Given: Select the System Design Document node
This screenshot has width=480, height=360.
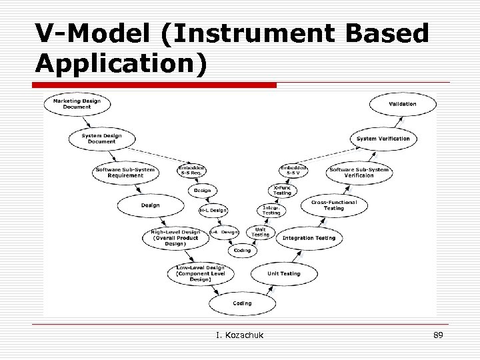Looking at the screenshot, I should click(102, 139).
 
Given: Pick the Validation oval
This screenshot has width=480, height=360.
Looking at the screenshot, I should click(403, 104).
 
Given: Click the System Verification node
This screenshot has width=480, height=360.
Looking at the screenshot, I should click(383, 139).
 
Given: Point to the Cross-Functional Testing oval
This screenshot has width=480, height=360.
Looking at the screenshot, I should click(334, 205).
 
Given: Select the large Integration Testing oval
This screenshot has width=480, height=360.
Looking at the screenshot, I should click(309, 238).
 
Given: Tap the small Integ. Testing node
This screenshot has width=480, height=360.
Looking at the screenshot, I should click(271, 210).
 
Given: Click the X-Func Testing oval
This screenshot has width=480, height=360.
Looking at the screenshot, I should click(282, 190).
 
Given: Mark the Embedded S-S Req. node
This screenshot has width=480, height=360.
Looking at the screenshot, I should click(192, 171).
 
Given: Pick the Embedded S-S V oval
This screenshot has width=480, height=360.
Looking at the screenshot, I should click(293, 171).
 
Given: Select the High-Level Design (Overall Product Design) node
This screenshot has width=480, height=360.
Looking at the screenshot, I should click(175, 238).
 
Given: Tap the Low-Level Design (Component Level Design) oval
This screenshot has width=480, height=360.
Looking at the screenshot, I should click(200, 273).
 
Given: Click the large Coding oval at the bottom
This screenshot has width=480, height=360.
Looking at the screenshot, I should click(242, 303).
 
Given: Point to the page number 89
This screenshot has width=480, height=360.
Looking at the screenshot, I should click(438, 335).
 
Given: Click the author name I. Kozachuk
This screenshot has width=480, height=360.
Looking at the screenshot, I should click(240, 335).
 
